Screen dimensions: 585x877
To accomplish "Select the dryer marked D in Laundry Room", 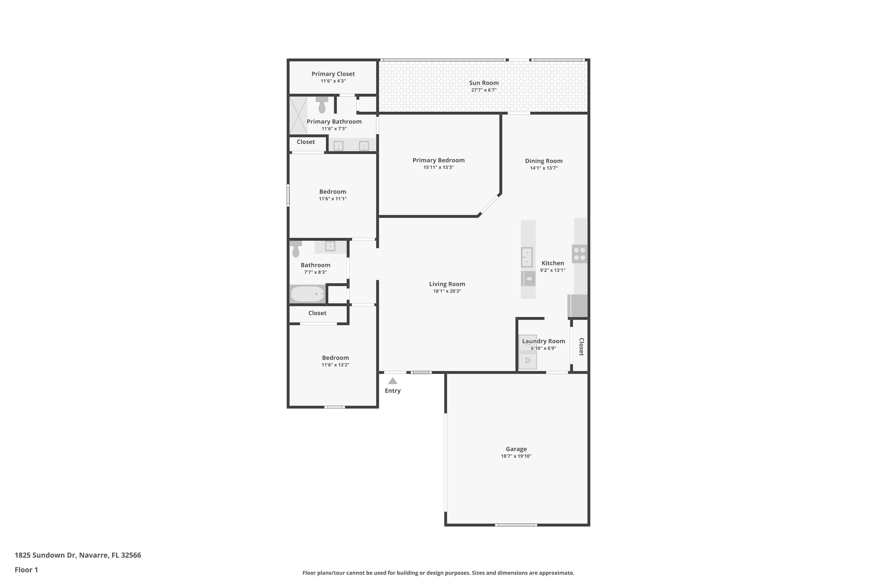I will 528,361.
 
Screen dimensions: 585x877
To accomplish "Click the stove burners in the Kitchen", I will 579,254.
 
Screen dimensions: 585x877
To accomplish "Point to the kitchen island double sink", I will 527,257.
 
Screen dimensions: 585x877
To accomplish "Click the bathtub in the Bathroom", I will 308,294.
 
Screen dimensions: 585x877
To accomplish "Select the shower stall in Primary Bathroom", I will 298,115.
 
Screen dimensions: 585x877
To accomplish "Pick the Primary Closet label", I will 333,74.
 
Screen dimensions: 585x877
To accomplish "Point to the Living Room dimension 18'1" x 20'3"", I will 447,291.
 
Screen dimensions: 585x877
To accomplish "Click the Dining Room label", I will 544,161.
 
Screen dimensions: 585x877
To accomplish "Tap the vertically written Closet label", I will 581,347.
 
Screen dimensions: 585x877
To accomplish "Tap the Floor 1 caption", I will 26,570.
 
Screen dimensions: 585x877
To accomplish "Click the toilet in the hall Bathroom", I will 296,249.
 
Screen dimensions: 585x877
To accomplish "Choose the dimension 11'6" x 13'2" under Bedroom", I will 335,365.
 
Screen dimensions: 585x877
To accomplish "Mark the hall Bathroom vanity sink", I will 330,246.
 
